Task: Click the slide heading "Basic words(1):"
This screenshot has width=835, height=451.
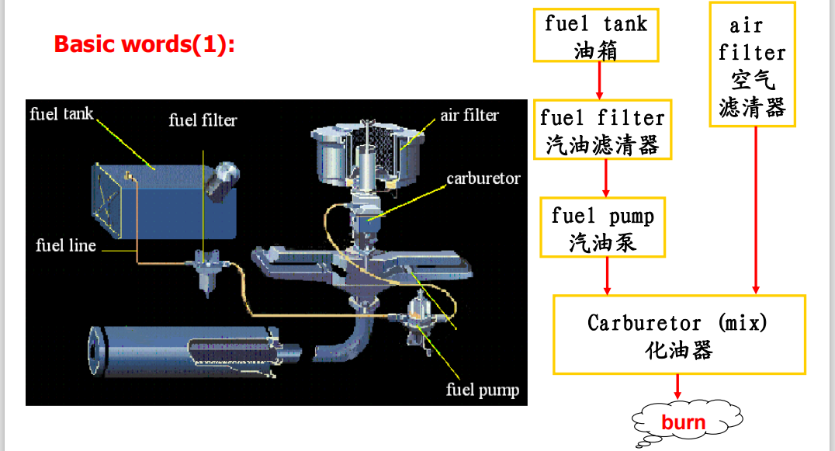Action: [x=144, y=44]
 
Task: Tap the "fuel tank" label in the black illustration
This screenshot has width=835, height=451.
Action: [x=61, y=115]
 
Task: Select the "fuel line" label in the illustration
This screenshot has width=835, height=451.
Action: [x=66, y=246]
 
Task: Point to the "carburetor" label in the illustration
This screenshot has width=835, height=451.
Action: [x=483, y=179]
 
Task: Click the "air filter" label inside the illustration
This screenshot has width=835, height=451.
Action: [x=469, y=116]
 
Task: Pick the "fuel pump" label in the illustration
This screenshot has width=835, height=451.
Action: [x=482, y=390]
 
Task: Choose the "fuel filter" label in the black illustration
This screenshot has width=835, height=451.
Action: [x=203, y=120]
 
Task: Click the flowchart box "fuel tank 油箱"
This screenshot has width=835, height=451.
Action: [x=596, y=35]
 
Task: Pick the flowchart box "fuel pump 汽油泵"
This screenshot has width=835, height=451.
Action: [x=603, y=227]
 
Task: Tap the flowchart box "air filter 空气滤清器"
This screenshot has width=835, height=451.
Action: [x=752, y=64]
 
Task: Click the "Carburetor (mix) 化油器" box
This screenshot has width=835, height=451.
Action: [x=678, y=335]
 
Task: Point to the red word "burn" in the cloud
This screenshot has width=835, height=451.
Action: [x=683, y=422]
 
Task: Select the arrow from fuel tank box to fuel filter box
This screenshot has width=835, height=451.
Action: [x=600, y=80]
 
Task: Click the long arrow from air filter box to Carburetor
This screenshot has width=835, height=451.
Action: [x=756, y=210]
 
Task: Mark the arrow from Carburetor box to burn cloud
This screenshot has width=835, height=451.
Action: [x=677, y=387]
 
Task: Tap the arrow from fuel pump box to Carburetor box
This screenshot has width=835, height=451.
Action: [x=607, y=276]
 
